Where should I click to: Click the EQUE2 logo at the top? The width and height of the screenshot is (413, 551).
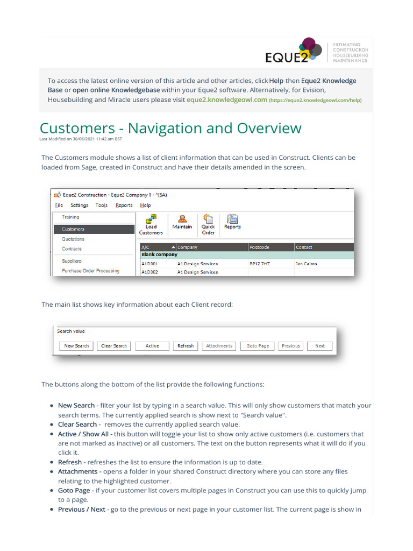tap(294, 53)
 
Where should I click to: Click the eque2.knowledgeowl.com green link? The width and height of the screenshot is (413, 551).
tap(226, 100)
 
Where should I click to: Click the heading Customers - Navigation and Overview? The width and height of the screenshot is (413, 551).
tap(170, 128)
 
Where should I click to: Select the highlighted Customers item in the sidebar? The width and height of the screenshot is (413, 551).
tap(93, 229)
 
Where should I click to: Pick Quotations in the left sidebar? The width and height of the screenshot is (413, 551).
tap(73, 239)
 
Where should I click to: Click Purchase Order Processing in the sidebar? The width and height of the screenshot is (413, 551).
tap(90, 271)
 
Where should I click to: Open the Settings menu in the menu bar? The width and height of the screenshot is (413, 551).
tap(80, 205)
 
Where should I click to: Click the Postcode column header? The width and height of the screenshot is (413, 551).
tap(270, 248)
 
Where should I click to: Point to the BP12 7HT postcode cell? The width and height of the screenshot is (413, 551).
tap(260, 264)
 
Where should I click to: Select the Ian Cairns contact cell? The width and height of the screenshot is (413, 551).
tap(307, 264)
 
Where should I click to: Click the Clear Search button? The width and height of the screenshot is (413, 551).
tap(114, 346)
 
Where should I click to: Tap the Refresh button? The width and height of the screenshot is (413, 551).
tap(186, 346)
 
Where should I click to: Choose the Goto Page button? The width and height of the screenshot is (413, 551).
tap(258, 346)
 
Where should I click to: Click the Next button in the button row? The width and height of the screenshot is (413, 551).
tap(320, 346)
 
